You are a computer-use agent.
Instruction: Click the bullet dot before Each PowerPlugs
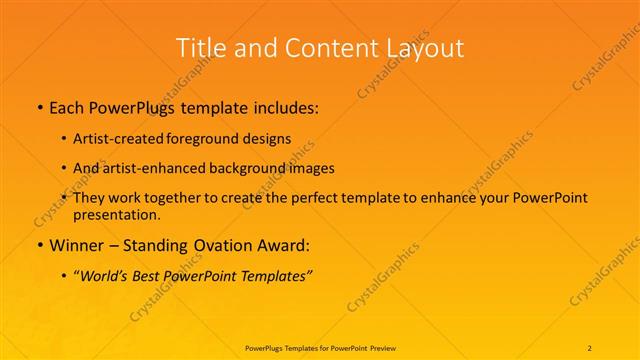pos(38,108)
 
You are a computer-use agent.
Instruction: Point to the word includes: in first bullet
pos(286,108)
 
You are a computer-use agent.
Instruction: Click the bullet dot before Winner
pos(38,246)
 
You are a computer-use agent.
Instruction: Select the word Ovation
pos(213,246)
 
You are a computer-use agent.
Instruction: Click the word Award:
pos(277,246)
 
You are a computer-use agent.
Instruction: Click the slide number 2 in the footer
pos(591,347)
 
